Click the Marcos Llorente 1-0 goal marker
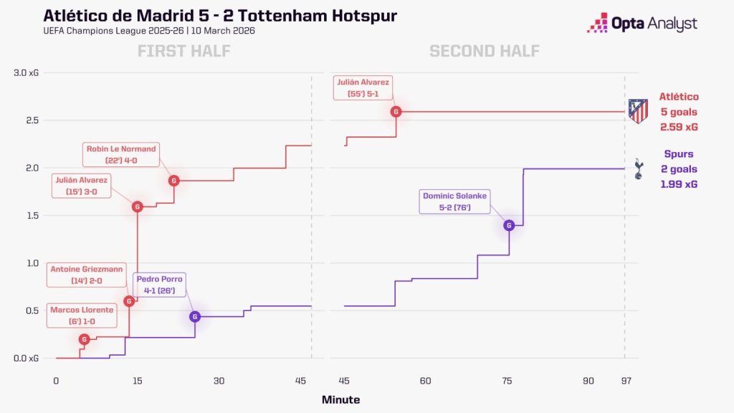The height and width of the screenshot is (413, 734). click(x=85, y=339)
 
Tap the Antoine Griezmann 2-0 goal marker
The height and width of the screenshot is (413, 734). click(x=129, y=301)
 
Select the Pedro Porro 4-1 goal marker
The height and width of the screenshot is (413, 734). click(x=195, y=316)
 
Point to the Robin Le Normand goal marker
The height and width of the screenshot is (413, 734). click(x=174, y=180)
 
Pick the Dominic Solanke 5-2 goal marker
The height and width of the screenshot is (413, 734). click(x=509, y=225)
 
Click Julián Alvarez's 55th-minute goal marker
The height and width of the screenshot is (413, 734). click(x=396, y=111)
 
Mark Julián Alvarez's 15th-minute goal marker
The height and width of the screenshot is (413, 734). click(x=137, y=206)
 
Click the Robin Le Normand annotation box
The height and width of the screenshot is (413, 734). click(x=120, y=155)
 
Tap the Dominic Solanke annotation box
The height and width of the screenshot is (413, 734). click(x=454, y=201)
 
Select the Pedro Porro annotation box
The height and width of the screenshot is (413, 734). click(x=159, y=285)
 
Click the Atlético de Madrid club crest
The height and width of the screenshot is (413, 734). click(x=638, y=111)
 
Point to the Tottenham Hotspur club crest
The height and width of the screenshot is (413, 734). click(x=639, y=168)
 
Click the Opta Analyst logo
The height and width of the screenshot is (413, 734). click(x=642, y=23)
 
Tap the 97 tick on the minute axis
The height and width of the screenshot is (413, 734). click(x=626, y=381)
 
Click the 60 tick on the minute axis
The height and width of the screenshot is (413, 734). click(x=425, y=381)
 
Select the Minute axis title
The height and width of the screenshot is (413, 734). click(x=340, y=399)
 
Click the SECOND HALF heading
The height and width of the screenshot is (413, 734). click(x=485, y=51)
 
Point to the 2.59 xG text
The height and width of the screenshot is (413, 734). click(x=679, y=127)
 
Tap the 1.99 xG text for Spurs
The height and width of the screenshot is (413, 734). click(x=679, y=184)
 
